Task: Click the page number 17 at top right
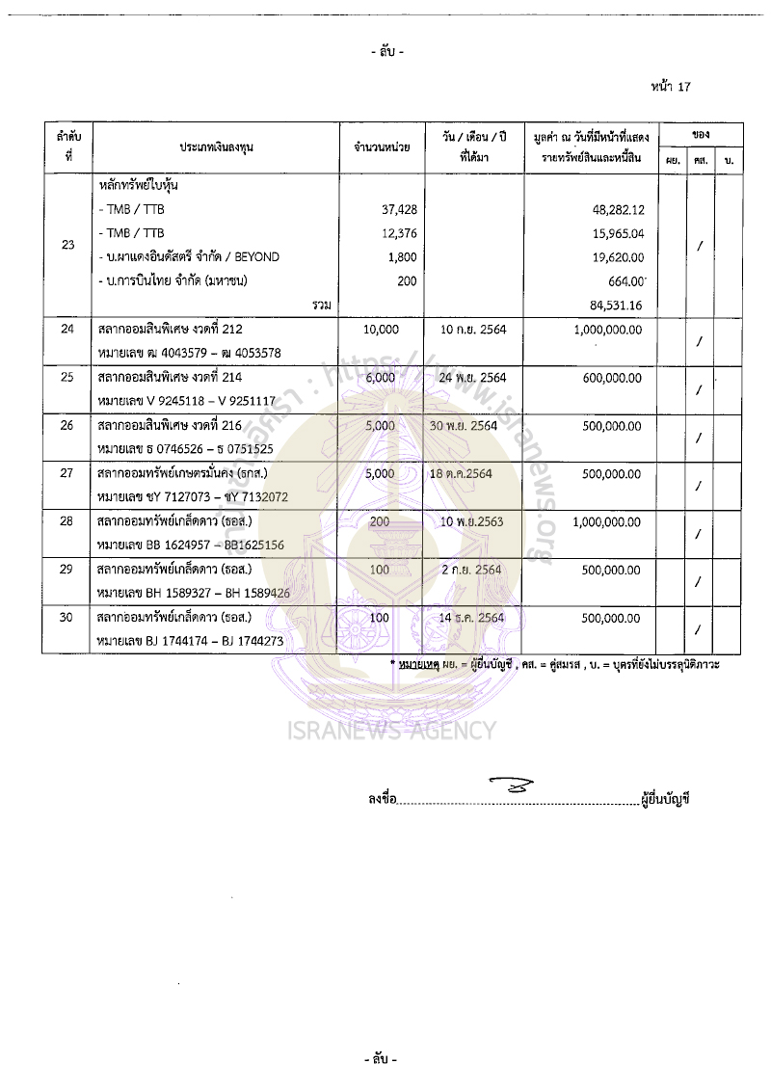point(684,86)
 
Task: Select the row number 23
point(67,245)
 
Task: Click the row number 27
point(67,473)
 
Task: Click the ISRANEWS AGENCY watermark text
point(391,731)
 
